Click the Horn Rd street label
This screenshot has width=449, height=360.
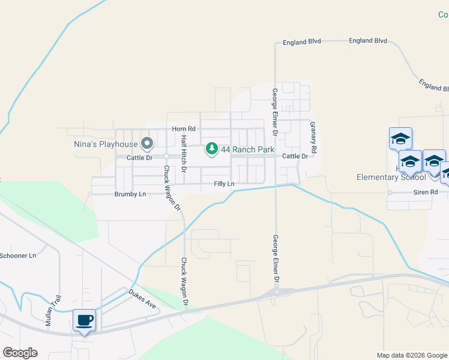(x=184, y=129)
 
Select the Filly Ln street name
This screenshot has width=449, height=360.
(x=224, y=184)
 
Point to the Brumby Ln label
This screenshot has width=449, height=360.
(x=130, y=194)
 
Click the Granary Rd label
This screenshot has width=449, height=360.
(x=313, y=135)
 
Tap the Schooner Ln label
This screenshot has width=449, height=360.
(x=18, y=256)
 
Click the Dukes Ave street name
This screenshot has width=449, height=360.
(x=142, y=299)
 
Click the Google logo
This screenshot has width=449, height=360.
(x=20, y=353)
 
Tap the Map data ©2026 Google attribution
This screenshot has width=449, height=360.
(x=412, y=355)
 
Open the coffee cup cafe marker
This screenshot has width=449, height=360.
(x=85, y=320)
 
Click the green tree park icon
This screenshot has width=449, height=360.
(x=212, y=148)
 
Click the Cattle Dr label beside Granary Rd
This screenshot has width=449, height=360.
(x=295, y=156)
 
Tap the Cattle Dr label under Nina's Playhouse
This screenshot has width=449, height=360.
(x=140, y=158)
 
